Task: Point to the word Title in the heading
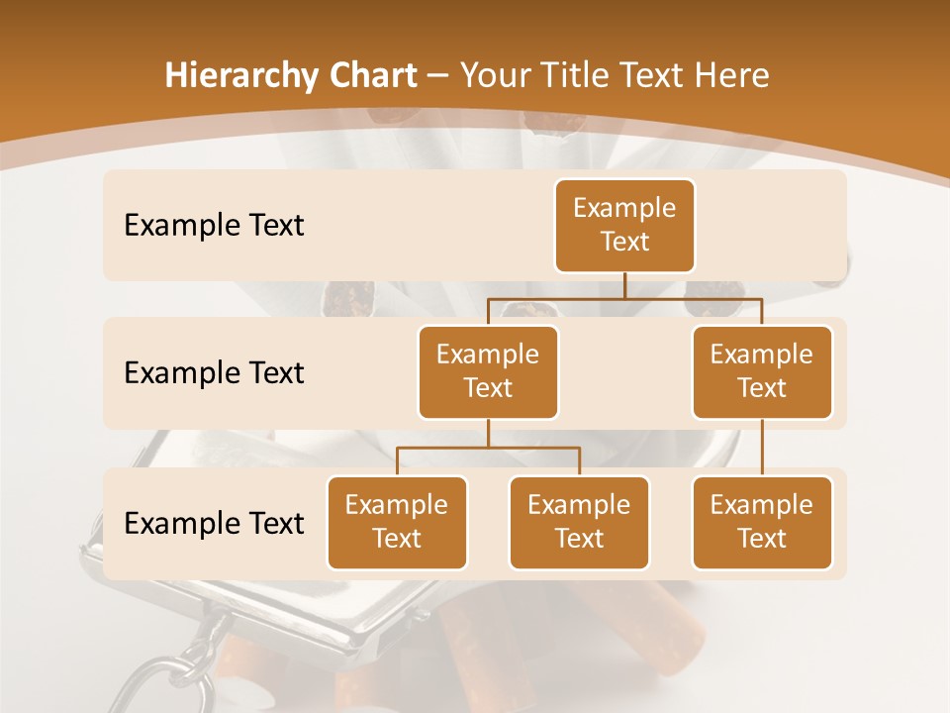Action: pos(582,76)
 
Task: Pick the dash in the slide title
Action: pos(437,77)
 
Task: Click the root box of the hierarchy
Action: pos(624,225)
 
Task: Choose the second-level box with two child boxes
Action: pos(488,371)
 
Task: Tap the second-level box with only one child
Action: pos(762,371)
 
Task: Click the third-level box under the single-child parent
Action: pos(762,522)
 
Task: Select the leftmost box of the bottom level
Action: pos(397,522)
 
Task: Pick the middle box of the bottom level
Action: pos(579,522)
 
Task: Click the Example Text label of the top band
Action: pos(214,226)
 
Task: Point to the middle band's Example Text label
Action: pos(214,373)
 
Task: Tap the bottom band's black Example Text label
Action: pos(214,523)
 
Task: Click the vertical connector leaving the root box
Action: pos(624,284)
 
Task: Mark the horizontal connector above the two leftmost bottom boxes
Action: pos(488,448)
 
